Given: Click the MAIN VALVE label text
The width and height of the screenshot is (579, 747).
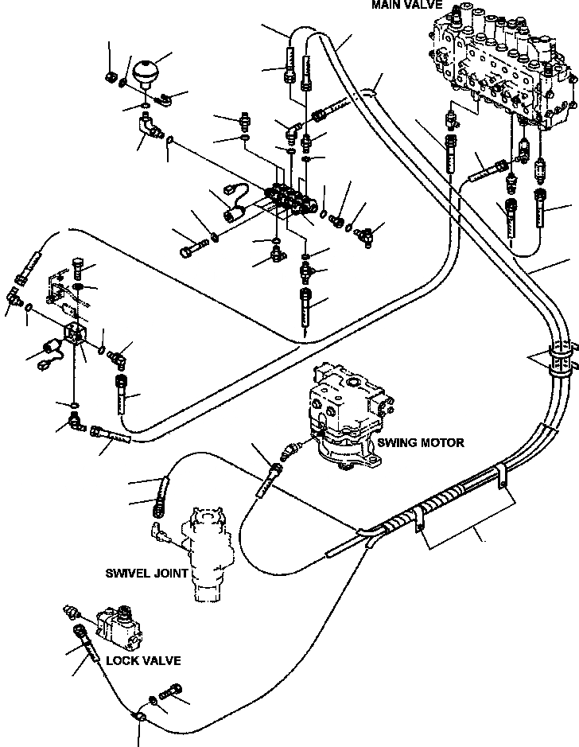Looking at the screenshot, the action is pyautogui.click(x=406, y=4).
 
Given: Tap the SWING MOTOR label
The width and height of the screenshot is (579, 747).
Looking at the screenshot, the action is pyautogui.click(x=421, y=442).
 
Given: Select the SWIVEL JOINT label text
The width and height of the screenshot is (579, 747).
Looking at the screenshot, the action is pyautogui.click(x=146, y=573).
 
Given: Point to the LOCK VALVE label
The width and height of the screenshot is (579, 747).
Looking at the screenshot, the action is pyautogui.click(x=143, y=660).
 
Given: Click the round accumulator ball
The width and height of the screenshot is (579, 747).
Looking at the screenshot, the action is pyautogui.click(x=145, y=72).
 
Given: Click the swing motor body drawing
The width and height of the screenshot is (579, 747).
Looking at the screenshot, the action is pyautogui.click(x=348, y=415).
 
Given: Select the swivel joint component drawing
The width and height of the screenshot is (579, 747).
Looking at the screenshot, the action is pyautogui.click(x=208, y=554).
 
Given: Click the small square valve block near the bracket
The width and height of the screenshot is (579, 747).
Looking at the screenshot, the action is pyautogui.click(x=75, y=333).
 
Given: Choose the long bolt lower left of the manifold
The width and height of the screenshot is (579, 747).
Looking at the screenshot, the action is pyautogui.click(x=194, y=247).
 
